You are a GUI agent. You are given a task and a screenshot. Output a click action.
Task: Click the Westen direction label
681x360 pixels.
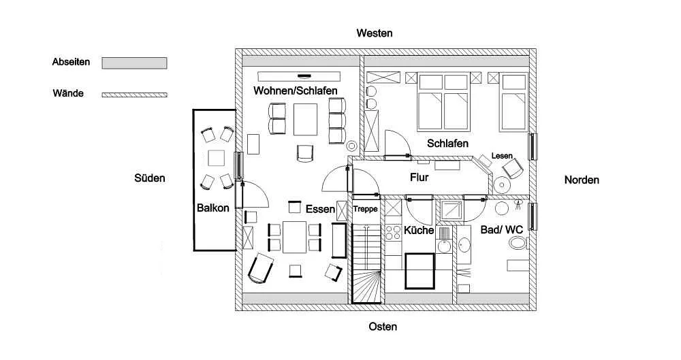tap(375, 33)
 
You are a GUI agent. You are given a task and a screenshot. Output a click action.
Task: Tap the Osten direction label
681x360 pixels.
tap(383, 327)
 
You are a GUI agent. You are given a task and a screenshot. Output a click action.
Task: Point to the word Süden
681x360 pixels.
tap(150, 178)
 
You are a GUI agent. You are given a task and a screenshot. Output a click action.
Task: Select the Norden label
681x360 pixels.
tap(582, 180)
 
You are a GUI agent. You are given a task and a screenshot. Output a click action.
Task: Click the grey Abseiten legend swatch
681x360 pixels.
tap(134, 63)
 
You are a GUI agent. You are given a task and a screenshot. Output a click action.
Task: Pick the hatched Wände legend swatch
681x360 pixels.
tap(134, 95)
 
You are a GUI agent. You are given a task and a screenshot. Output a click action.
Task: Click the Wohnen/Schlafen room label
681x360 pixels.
tap(296, 91)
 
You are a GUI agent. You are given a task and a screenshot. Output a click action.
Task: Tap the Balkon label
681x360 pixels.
tap(212, 208)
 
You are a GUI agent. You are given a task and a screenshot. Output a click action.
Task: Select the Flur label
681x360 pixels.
tap(419, 178)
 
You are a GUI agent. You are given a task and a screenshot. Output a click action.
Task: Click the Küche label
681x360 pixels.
tap(419, 230)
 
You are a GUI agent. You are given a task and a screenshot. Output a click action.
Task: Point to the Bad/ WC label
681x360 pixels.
tap(501, 230)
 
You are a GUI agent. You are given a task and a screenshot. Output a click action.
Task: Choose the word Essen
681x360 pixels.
tap(320, 209)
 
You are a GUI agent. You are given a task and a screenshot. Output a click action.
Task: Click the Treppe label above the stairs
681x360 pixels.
tap(365, 209)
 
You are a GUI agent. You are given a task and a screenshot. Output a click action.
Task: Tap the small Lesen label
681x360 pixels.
tap(502, 156)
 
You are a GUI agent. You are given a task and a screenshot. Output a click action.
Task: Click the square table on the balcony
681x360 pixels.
tap(217, 158)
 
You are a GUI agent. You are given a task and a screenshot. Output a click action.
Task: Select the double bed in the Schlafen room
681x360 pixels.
tap(442, 110)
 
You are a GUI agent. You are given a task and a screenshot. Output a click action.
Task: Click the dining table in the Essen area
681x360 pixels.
tap(295, 236)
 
